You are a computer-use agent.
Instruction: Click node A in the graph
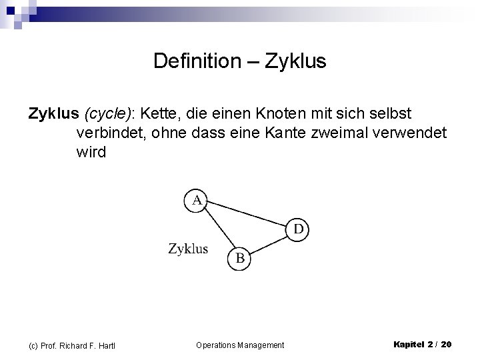click(197, 200)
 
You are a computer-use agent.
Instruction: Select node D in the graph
click(298, 229)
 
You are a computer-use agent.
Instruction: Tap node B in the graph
click(240, 258)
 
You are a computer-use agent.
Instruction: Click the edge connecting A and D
click(247, 215)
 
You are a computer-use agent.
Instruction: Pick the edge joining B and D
click(269, 244)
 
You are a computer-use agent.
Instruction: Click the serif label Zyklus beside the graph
click(188, 249)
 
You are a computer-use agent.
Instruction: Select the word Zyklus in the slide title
click(295, 62)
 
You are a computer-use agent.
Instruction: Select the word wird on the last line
click(91, 152)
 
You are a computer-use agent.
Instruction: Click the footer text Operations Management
click(240, 345)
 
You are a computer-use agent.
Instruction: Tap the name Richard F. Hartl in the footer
click(86, 345)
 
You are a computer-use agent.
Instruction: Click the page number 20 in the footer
click(446, 344)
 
